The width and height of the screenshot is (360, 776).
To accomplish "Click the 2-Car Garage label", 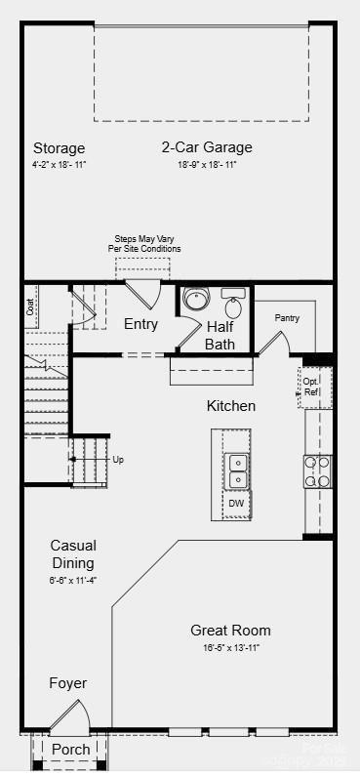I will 207,147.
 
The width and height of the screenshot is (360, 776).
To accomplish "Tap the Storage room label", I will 59,148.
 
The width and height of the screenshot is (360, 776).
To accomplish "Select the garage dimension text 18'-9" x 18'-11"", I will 207,165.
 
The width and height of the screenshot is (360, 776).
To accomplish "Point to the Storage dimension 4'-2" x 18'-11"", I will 59,165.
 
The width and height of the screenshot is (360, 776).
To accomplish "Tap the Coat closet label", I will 30,306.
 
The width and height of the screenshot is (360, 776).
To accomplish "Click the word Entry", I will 140,324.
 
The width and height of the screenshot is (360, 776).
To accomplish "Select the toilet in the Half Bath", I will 195,298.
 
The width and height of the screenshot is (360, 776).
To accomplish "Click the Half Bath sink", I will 232,294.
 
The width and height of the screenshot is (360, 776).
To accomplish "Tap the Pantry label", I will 287,318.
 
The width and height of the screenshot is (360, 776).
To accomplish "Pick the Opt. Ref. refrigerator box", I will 311,387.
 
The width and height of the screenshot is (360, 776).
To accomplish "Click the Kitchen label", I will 231,405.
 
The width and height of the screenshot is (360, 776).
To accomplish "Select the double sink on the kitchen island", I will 236,471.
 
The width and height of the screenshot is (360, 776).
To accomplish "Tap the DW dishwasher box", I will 236,504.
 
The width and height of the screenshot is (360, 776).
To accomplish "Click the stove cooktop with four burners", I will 317,471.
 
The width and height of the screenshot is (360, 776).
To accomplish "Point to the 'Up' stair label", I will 118,459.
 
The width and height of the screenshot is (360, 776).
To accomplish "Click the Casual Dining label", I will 73,553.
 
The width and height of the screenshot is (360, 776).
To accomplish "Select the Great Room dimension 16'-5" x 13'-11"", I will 230,647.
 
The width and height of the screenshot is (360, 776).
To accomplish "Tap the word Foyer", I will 68,683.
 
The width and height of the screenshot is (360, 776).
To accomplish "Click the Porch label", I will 70,750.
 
